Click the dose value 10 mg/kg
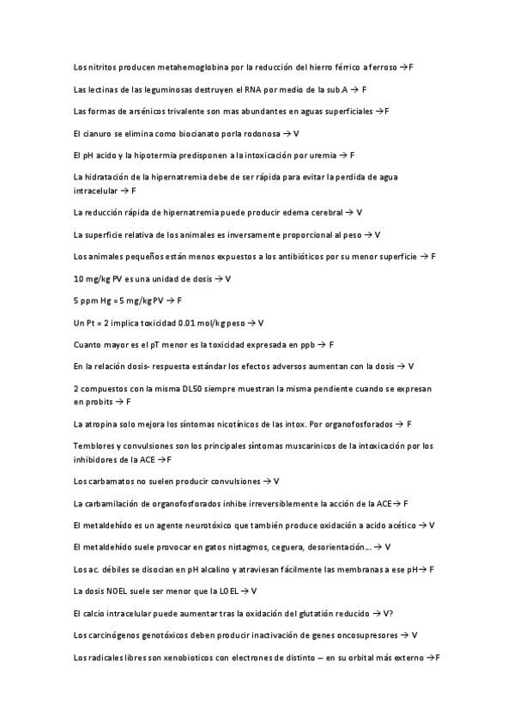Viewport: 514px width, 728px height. [92, 278]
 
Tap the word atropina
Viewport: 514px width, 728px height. [107, 423]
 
